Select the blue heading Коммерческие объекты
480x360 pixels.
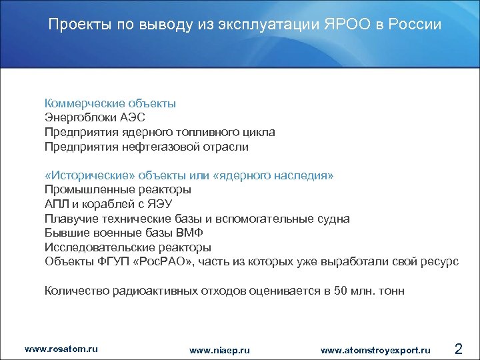point(110,103)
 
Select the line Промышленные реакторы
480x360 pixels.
point(113,189)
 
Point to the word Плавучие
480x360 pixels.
point(67,218)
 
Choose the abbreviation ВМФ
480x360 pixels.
point(190,233)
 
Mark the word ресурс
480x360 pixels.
point(440,261)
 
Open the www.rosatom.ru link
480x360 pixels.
point(61,349)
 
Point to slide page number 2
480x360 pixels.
point(458,348)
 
